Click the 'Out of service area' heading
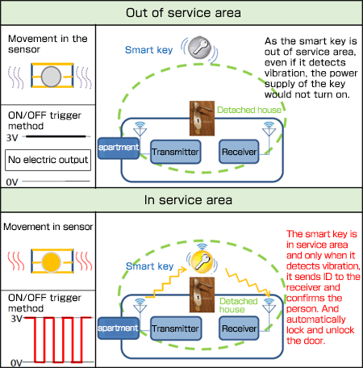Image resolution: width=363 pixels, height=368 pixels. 183,13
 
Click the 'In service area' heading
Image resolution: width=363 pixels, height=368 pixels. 188,200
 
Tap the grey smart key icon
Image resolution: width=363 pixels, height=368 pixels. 199,48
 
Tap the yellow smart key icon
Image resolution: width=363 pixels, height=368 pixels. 202,261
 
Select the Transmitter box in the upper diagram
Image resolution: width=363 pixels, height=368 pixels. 175,152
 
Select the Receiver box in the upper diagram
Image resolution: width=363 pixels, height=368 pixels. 239,152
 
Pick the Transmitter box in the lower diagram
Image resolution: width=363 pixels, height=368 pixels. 175,328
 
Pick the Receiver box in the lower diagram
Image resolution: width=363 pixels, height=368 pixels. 239,328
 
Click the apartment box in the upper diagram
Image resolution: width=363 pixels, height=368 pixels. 119,148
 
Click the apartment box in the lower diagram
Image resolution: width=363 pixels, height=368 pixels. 119,328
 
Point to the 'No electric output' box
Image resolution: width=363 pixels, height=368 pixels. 48,160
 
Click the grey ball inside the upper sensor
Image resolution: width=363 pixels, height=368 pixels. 51,77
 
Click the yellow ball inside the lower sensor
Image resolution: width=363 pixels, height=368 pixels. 51,262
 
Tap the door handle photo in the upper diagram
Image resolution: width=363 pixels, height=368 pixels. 202,119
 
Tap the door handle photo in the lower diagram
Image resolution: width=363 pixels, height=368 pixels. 202,295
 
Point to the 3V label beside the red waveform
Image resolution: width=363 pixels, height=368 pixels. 16,319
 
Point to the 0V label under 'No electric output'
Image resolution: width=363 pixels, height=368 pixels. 12,182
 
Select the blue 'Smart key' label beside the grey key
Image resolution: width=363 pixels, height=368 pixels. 148,50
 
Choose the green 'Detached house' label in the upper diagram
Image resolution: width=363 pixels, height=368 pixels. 249,110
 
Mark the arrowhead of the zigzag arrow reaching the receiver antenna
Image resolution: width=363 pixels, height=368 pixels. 268,293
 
